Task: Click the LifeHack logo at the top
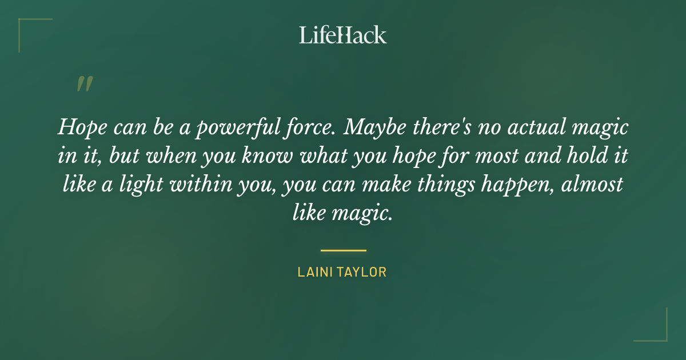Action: tap(343, 35)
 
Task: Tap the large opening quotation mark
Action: tap(84, 84)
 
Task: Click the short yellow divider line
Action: tap(343, 250)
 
